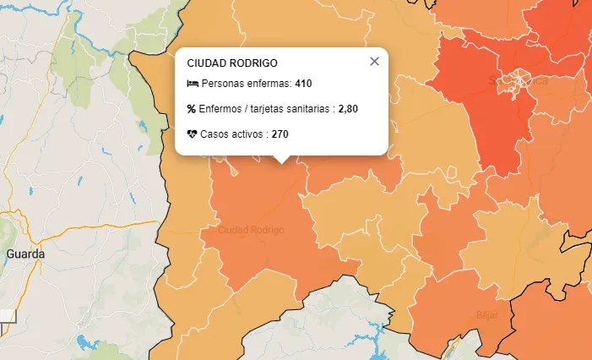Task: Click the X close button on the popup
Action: click(x=375, y=61)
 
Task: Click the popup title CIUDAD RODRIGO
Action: click(x=232, y=63)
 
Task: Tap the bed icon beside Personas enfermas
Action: click(x=193, y=84)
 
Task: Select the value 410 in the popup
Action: click(x=304, y=84)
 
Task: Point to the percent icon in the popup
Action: click(x=192, y=109)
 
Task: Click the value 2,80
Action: click(x=348, y=109)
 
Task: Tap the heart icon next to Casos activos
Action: click(x=193, y=134)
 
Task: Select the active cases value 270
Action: click(x=280, y=134)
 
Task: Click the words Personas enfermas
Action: click(x=246, y=84)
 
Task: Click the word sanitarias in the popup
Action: click(x=308, y=109)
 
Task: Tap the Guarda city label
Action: click(x=24, y=254)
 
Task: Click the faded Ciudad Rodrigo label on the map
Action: click(x=251, y=230)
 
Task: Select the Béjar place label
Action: click(x=487, y=314)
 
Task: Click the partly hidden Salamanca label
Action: click(x=518, y=81)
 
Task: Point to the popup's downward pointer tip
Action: click(x=282, y=162)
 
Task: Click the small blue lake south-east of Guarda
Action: click(x=88, y=343)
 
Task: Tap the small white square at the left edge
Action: click(x=8, y=316)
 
